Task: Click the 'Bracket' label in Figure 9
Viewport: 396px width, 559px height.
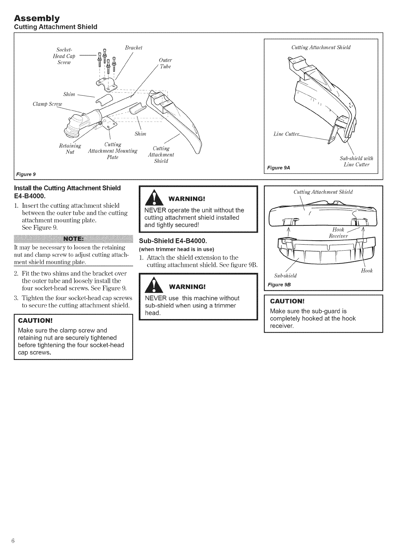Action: coord(133,48)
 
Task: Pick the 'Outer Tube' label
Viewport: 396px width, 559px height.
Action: coord(165,63)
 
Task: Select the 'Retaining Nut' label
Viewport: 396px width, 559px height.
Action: coord(70,149)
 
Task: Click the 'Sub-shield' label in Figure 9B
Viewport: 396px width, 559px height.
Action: coord(285,276)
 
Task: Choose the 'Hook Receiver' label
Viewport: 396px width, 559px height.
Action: coord(338,233)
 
